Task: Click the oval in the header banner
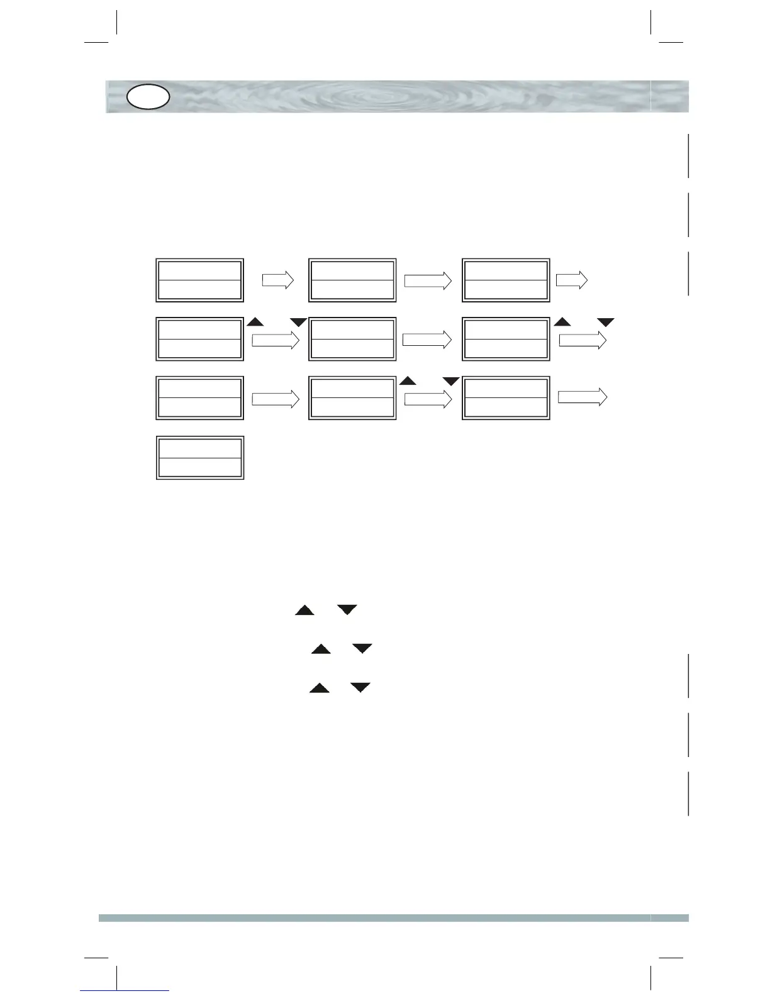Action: (148, 97)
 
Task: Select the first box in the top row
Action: (199, 280)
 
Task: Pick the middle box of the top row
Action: (352, 280)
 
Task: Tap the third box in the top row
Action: (506, 280)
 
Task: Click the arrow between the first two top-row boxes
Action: (278, 280)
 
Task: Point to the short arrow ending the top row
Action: (572, 280)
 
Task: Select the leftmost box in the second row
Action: (199, 339)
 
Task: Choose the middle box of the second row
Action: (352, 339)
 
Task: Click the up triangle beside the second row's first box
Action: (255, 322)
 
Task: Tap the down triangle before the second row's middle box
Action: (298, 323)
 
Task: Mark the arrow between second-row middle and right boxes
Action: (427, 340)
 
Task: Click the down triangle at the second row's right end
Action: (605, 323)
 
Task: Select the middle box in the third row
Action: (352, 397)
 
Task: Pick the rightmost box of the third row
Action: (506, 397)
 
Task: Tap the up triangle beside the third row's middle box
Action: (408, 380)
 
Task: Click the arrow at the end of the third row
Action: (583, 397)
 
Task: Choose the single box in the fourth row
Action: (199, 458)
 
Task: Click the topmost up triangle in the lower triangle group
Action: (304, 610)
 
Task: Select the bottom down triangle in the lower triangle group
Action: (360, 688)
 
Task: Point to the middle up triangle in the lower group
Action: (321, 649)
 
